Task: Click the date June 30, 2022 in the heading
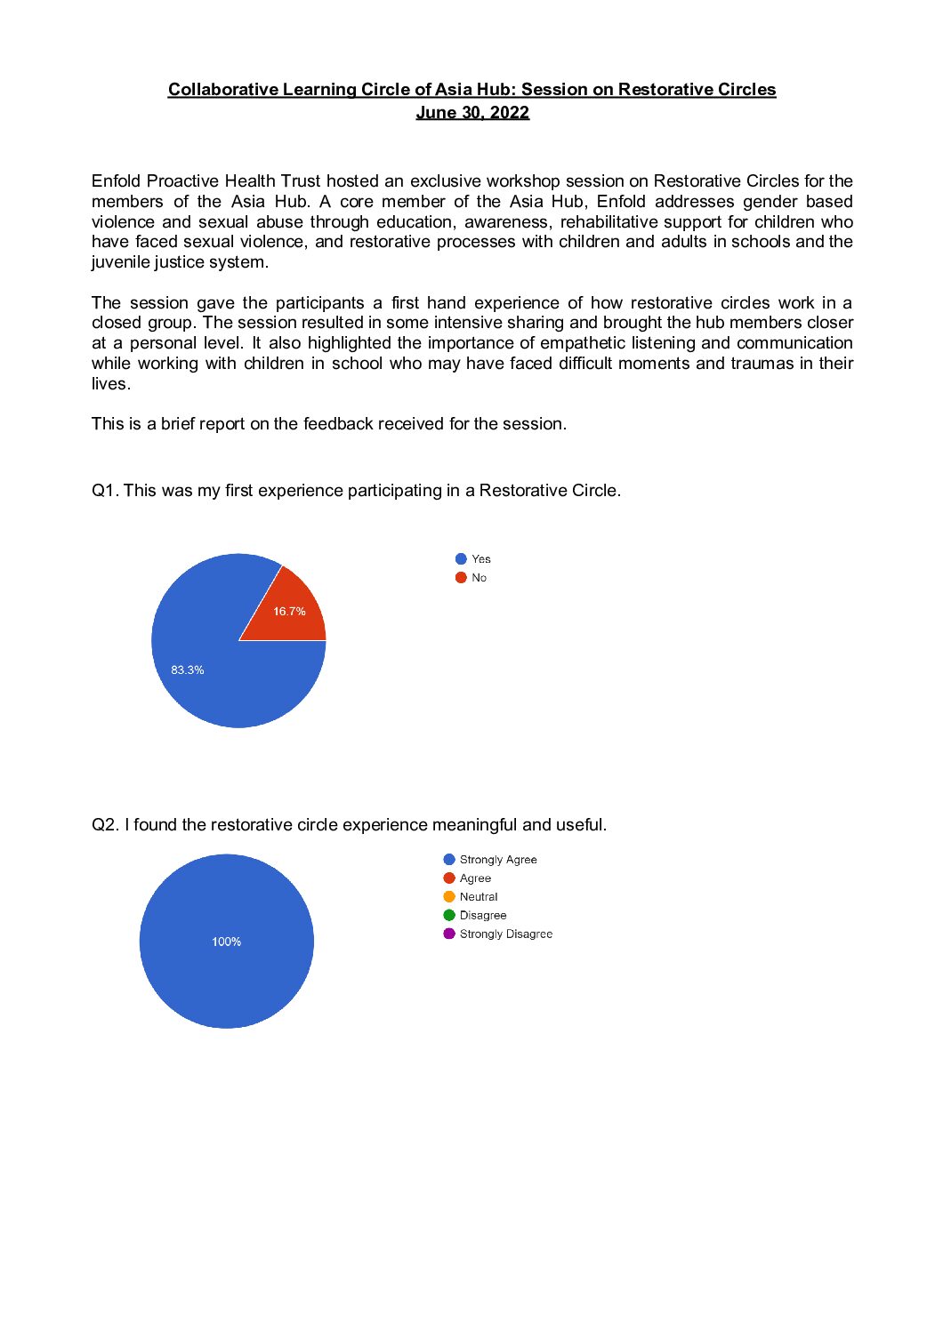coord(472,113)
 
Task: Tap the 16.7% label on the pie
coord(289,612)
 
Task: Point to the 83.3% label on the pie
coord(188,670)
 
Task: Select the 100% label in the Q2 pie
coord(226,942)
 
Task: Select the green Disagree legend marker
coord(449,916)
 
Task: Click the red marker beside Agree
coord(449,878)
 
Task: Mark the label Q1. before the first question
coord(105,491)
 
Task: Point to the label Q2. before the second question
coord(105,825)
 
